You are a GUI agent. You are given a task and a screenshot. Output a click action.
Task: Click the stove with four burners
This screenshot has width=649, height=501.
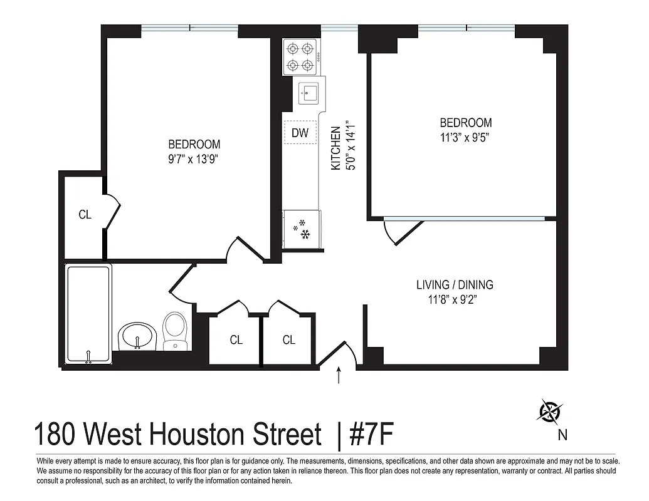[x=299, y=57]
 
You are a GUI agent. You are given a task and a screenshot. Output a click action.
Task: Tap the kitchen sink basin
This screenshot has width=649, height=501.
[x=309, y=93]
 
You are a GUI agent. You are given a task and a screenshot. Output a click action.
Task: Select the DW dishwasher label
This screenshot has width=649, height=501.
[x=300, y=132]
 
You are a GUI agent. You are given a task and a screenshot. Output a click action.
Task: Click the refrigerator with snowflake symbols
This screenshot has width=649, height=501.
[x=302, y=229]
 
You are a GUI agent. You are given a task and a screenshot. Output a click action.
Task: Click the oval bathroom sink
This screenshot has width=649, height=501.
[x=137, y=336]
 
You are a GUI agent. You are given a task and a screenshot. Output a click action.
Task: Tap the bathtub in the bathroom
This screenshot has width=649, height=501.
[x=89, y=314]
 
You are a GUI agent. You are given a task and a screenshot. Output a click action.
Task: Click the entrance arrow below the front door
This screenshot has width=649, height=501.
[x=339, y=375]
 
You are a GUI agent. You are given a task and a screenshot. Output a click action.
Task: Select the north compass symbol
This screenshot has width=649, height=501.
[x=551, y=411]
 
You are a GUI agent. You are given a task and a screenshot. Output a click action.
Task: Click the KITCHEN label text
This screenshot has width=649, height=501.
[x=336, y=148]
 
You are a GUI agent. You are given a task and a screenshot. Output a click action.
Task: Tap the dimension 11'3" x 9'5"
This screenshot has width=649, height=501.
[x=465, y=138]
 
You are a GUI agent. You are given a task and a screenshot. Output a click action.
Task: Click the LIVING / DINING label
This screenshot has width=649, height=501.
[x=455, y=285]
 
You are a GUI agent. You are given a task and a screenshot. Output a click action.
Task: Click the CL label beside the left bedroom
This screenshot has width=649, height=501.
[x=85, y=215]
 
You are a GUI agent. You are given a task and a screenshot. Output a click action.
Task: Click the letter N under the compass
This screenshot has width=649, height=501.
[x=562, y=434]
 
